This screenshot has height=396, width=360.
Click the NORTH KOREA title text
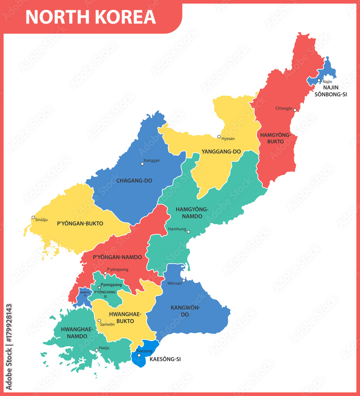coord(91,17)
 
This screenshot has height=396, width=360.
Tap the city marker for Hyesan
coord(219,137)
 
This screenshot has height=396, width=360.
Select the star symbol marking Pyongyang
coord(99,287)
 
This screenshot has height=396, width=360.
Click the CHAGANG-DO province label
coord(134,181)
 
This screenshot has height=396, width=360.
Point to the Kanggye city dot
coord(143,164)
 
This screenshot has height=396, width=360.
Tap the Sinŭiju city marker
coord(33,217)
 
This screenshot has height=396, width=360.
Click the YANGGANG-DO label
coord(221,152)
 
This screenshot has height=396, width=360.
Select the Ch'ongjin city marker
coord(295,110)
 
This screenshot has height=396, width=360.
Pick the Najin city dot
coord(319,80)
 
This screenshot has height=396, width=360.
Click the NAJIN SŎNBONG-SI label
coord(330,91)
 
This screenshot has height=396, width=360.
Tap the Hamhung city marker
coord(189,232)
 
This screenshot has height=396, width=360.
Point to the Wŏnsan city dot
coord(184,281)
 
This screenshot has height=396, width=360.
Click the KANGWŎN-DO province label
coord(185,311)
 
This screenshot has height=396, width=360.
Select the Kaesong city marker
coord(139,355)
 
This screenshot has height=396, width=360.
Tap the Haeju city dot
coord(96,350)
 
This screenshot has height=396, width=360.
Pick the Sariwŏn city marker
coord(99,320)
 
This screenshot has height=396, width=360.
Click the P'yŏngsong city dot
coord(105,273)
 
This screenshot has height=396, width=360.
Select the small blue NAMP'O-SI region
coord(83,295)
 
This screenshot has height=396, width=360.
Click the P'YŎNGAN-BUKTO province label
coord(80,223)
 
